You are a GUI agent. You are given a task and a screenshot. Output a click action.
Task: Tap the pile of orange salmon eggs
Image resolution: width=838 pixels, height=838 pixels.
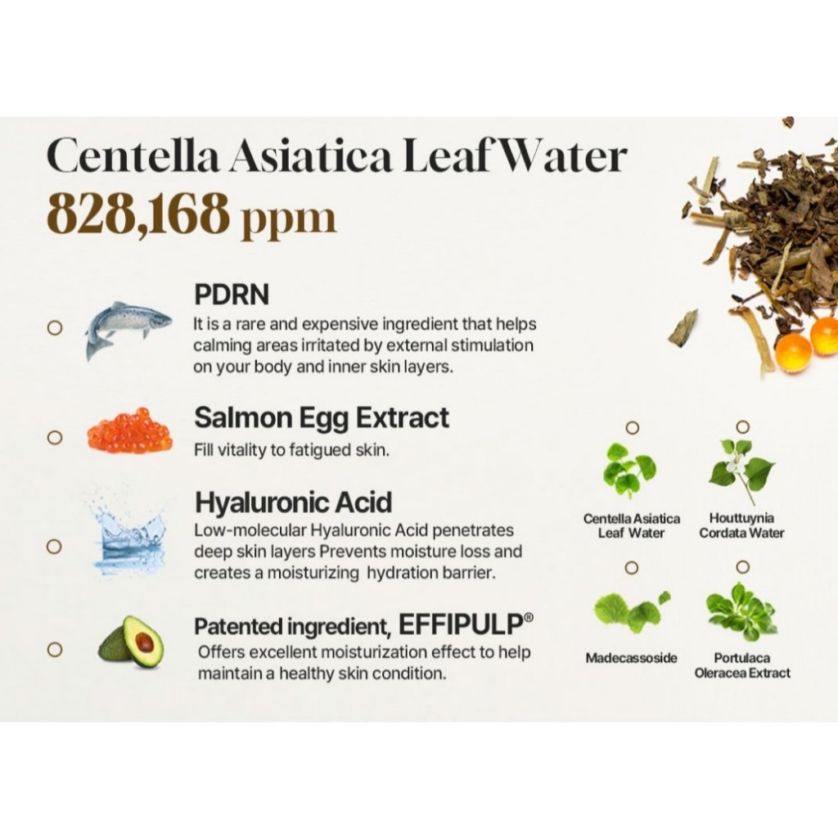tap(130, 430)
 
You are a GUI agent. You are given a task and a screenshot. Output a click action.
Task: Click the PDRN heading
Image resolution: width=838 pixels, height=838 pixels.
tap(232, 295)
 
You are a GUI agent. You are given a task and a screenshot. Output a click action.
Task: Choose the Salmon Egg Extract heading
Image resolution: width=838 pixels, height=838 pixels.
tap(321, 418)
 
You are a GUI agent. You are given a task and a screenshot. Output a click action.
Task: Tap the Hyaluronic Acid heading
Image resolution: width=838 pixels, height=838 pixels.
tap(293, 502)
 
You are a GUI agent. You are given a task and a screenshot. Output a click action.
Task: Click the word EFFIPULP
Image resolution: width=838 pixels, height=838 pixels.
tap(461, 624)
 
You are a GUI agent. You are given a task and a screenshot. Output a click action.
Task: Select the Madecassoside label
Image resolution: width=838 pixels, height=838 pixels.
tap(631, 658)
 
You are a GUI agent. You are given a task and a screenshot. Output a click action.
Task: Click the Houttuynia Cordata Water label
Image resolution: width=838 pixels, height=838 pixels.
tap(741, 525)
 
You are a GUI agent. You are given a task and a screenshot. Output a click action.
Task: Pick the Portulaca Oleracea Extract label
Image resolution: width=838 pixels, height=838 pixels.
tap(741, 665)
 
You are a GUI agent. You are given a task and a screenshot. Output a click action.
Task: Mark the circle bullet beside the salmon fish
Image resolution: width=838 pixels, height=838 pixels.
tap(55, 327)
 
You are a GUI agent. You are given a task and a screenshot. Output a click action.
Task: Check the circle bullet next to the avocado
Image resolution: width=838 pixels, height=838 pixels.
tap(55, 649)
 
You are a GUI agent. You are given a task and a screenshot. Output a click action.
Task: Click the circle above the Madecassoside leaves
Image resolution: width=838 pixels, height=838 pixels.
tap(632, 568)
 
